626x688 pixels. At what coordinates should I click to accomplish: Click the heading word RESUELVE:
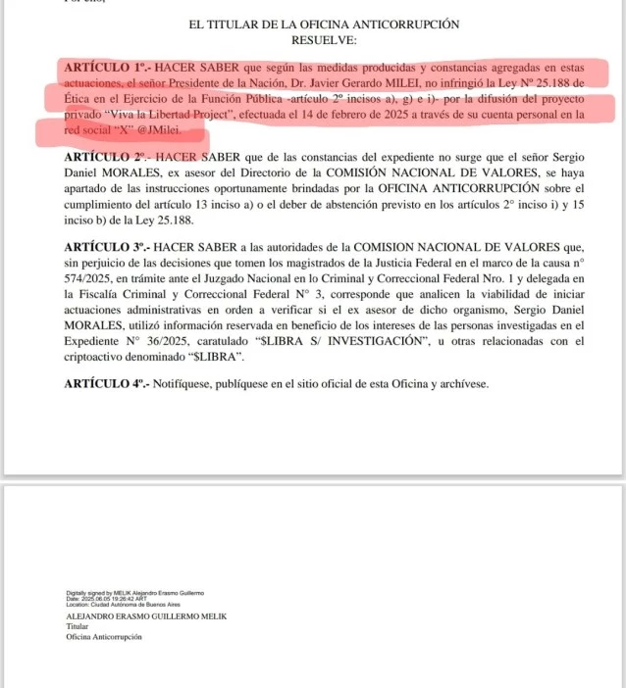point(325,40)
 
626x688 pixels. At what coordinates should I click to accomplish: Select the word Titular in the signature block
point(78,627)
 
